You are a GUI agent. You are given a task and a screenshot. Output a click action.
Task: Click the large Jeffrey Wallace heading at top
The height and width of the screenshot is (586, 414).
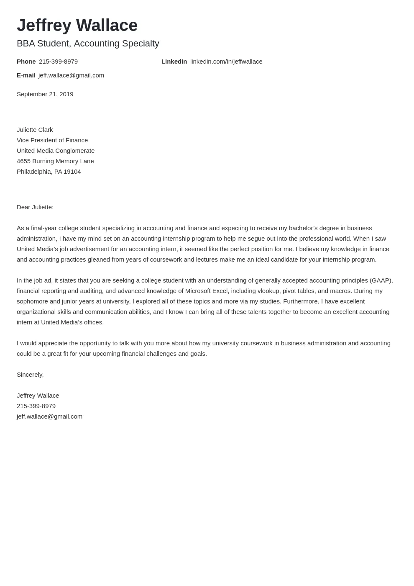coord(77,26)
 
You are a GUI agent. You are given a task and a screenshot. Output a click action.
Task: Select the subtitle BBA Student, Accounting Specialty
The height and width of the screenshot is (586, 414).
coord(88,44)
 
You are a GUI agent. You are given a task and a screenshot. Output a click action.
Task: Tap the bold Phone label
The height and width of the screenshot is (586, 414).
coord(26,62)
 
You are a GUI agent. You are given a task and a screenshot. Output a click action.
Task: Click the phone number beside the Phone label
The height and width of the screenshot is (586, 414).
coord(58,62)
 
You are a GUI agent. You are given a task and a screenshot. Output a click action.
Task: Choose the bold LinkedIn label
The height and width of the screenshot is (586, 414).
coord(174,62)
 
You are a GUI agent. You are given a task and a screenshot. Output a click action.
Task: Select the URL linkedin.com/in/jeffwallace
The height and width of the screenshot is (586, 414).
coord(226,62)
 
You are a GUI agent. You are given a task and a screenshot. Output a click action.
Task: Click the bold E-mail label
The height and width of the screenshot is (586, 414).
coord(26,75)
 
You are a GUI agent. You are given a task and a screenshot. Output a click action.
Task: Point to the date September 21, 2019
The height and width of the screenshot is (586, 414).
coord(45,94)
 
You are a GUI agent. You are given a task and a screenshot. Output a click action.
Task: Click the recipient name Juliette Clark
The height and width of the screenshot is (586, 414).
coord(35,130)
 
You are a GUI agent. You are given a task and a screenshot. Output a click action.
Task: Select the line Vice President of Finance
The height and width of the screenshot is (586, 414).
coord(52,140)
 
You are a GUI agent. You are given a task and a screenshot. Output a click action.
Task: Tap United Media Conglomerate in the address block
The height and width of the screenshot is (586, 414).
coord(56,151)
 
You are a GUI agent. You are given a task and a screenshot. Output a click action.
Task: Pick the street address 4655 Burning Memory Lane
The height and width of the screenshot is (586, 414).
coord(55,161)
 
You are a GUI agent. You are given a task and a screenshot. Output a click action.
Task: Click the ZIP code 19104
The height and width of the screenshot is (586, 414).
coord(72,172)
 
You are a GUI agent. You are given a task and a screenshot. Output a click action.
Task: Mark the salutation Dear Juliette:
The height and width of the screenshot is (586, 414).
coord(35,207)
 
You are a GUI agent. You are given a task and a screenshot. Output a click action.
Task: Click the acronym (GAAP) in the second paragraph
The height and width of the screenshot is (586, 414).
coord(381,280)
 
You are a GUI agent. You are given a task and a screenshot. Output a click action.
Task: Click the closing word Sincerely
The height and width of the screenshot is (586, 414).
coord(30,375)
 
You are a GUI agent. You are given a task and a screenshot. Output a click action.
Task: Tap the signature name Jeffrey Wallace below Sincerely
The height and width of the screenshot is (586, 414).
coord(38,396)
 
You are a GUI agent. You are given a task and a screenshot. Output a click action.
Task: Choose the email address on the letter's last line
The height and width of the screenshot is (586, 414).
coord(49,416)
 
